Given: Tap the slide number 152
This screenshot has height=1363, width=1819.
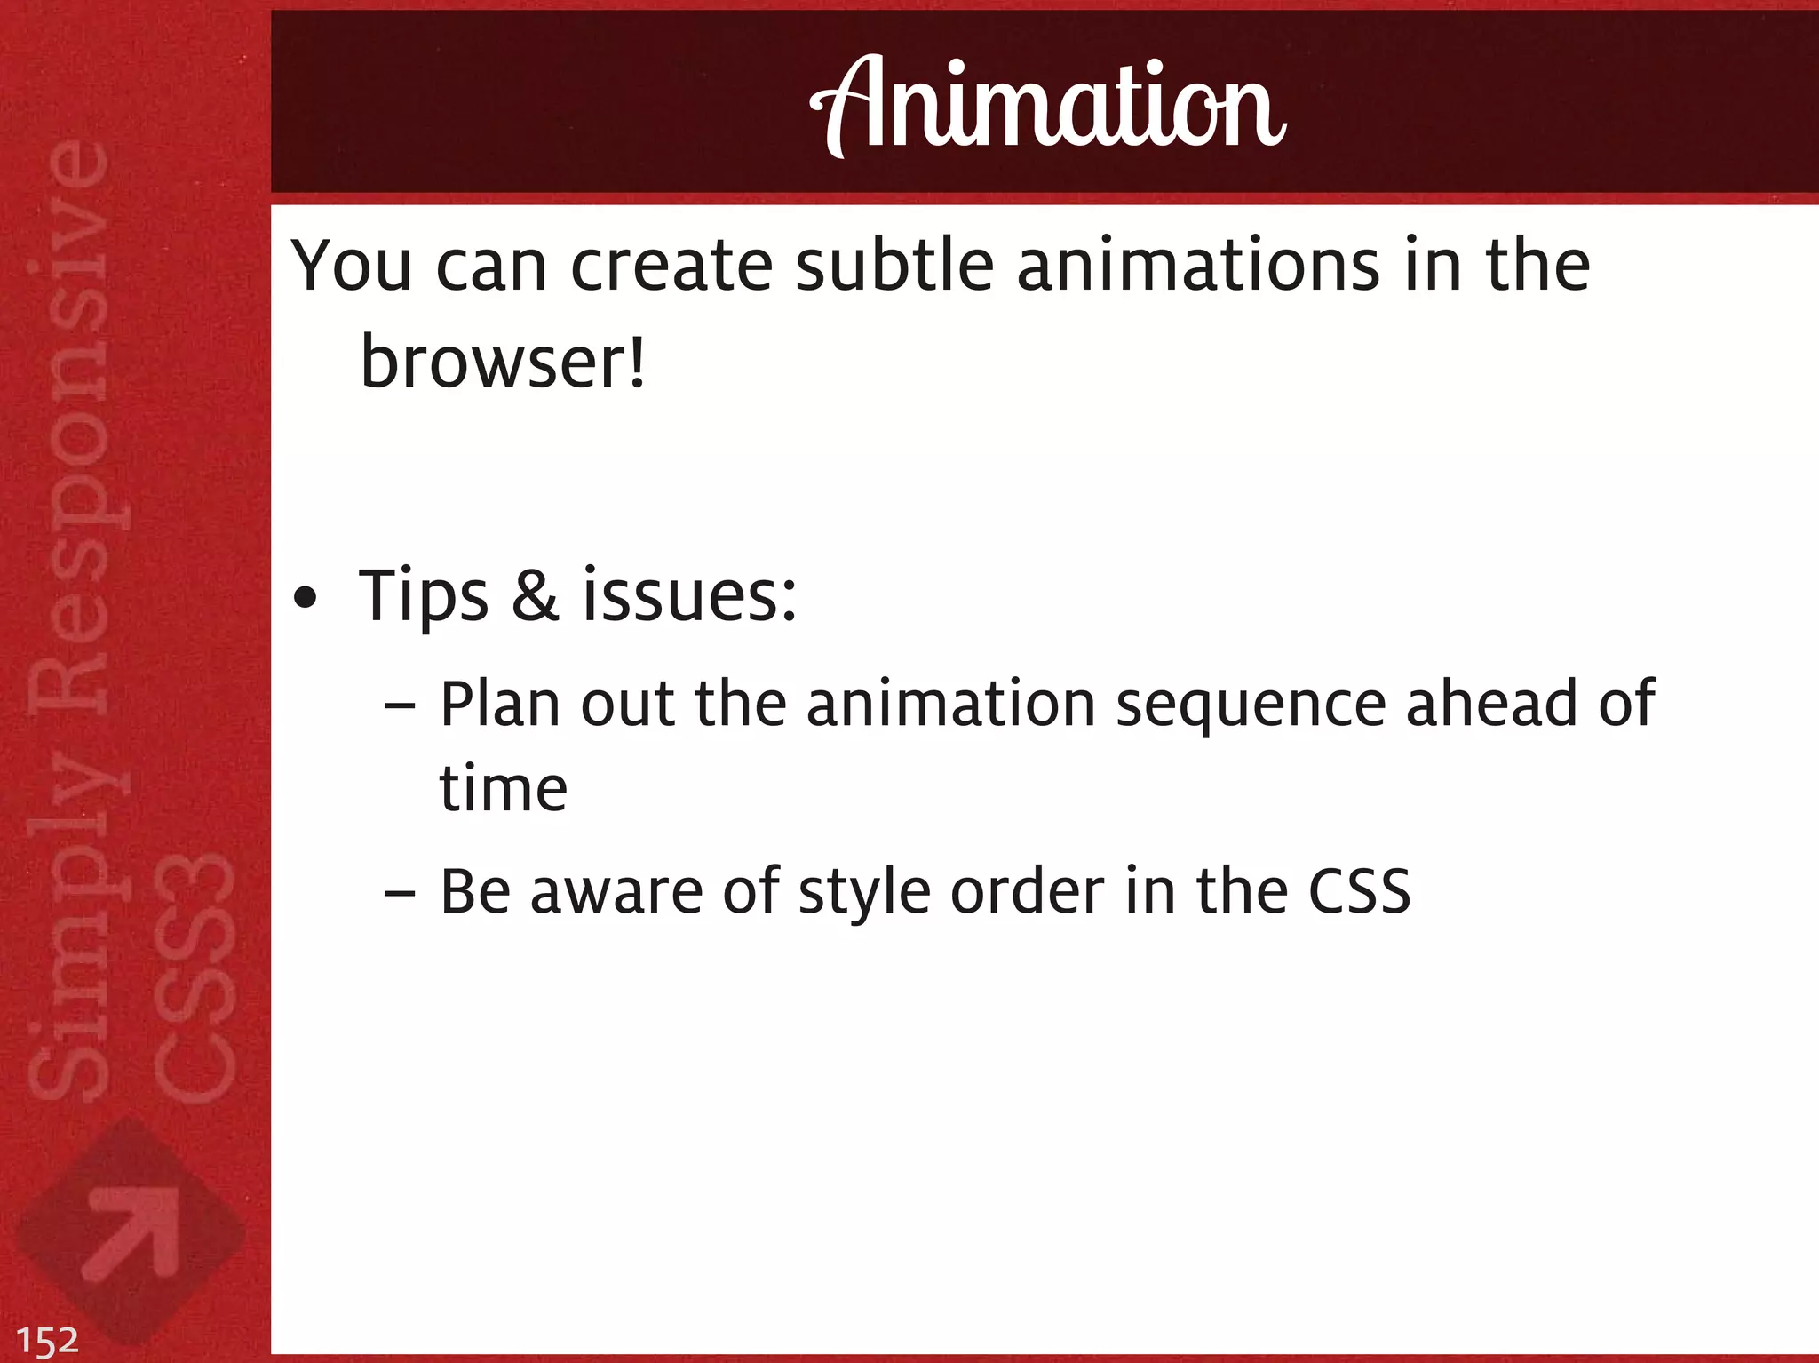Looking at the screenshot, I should point(48,1340).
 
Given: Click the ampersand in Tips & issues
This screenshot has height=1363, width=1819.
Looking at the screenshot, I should point(535,595).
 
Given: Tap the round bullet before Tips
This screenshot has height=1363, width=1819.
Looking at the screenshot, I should point(305,599).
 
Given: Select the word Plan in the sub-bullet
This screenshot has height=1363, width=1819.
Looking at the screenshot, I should point(499,704).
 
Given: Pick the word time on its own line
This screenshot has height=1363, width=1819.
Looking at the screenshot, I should point(504,789).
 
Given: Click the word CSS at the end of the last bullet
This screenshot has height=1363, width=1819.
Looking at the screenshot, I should point(1359,891).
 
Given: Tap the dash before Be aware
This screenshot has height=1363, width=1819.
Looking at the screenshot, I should point(400,893).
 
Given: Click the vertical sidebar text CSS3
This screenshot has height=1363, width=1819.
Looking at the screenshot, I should point(195,977).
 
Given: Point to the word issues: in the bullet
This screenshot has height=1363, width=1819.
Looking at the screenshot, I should point(689,595).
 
